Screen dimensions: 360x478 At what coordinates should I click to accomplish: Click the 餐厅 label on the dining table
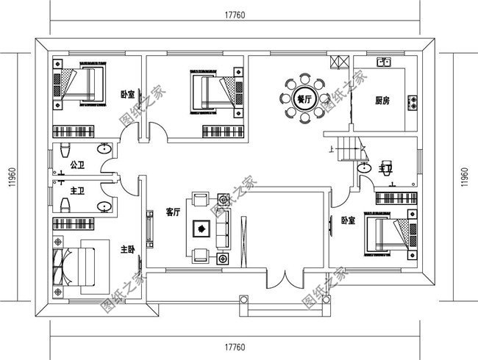tap(302, 99)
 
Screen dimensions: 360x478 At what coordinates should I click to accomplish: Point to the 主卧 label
tap(127, 249)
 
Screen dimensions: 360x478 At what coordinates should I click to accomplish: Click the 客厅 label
tap(173, 213)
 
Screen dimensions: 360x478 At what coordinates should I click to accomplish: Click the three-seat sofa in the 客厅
tap(224, 228)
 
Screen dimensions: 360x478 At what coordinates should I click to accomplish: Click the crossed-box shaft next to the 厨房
tap(339, 62)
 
